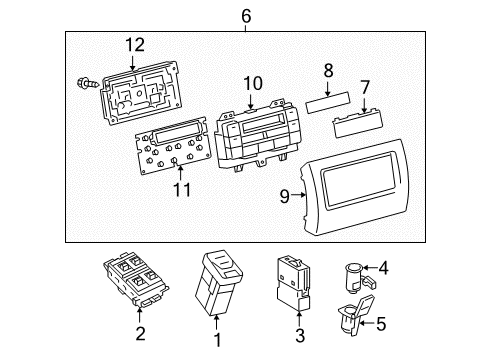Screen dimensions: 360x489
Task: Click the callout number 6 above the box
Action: click(x=246, y=14)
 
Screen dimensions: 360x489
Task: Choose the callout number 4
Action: click(x=384, y=267)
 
